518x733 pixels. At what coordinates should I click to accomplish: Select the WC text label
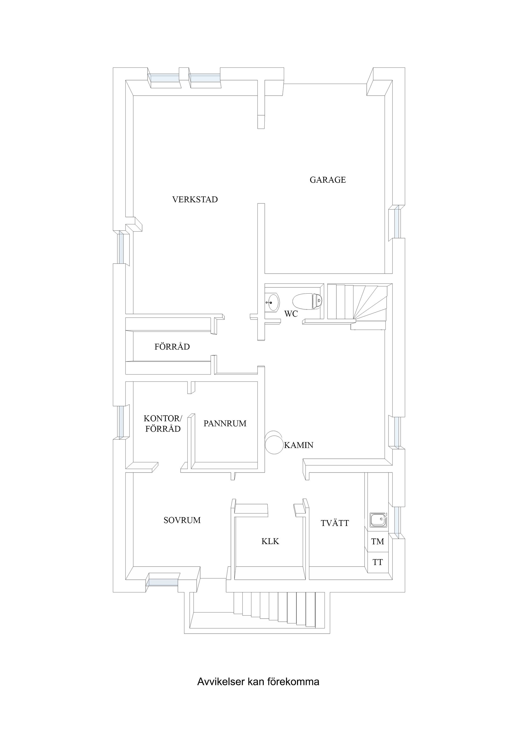[291, 314]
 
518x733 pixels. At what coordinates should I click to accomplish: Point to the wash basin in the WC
[272, 301]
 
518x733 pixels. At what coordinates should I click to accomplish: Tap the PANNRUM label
[225, 423]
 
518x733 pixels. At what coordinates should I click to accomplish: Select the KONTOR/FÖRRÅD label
[163, 424]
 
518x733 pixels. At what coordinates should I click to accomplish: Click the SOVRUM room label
[182, 520]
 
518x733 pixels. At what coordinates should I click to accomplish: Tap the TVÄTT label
[335, 523]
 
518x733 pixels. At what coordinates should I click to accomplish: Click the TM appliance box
[377, 541]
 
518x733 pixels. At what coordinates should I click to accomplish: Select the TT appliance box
[377, 562]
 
